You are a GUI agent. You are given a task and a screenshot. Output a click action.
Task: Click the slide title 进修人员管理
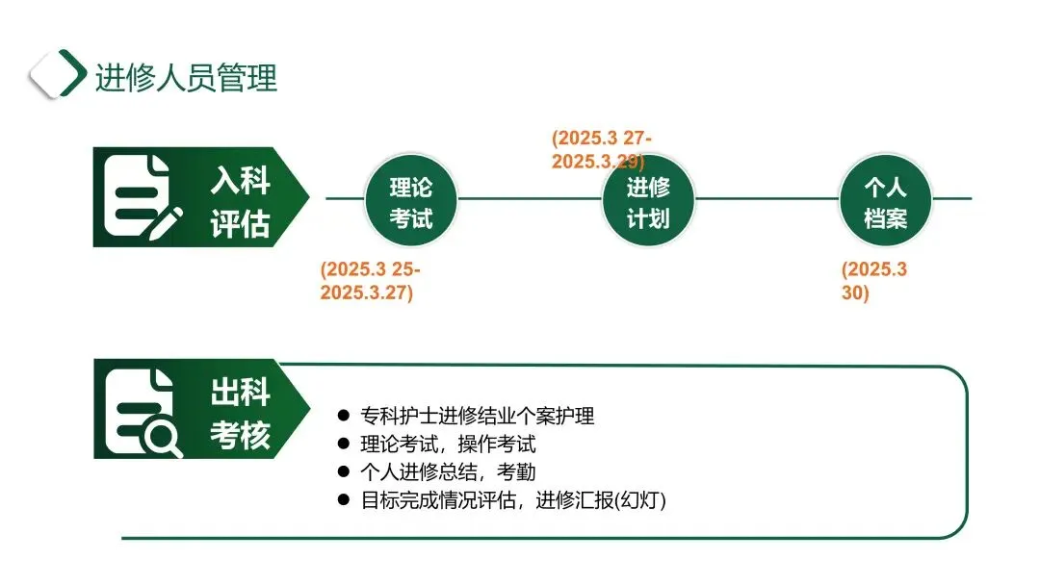tap(186, 76)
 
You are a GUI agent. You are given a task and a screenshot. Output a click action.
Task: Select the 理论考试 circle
tap(411, 202)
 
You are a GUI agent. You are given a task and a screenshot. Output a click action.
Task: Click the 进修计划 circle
tap(648, 202)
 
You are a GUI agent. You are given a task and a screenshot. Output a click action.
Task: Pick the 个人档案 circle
tap(885, 202)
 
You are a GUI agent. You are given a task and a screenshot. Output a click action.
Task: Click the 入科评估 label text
tap(240, 202)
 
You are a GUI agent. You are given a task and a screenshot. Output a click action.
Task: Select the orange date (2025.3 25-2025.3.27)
tap(370, 281)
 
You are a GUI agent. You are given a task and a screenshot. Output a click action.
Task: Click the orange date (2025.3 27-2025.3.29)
tap(601, 150)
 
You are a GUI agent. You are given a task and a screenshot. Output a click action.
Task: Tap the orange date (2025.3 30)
tap(873, 281)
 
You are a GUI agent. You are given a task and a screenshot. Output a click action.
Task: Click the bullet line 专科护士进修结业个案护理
tap(478, 417)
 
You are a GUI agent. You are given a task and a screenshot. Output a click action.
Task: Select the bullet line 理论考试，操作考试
tap(448, 445)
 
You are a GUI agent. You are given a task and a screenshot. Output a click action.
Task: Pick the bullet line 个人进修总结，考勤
tap(448, 472)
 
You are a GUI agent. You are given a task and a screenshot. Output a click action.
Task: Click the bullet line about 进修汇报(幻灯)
tap(513, 500)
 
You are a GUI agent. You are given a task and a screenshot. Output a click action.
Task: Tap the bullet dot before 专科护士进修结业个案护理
tap(343, 416)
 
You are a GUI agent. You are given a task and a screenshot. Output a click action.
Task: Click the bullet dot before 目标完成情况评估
tap(343, 499)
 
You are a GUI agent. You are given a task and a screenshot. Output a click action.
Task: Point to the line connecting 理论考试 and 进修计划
tap(530, 199)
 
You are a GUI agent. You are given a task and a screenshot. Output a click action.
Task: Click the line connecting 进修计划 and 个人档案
tap(767, 199)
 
